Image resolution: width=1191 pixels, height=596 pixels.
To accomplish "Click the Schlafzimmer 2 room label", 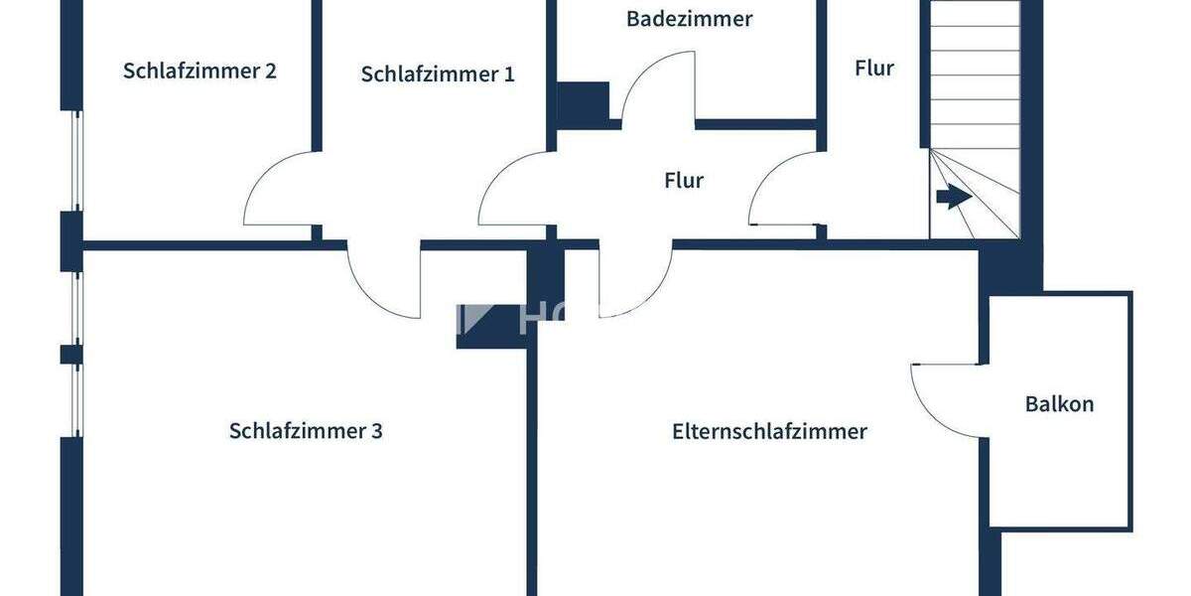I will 199,72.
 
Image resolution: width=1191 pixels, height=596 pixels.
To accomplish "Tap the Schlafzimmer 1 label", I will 438,74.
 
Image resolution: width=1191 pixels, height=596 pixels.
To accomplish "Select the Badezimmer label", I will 689,19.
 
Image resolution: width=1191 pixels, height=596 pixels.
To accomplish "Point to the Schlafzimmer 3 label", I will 306,431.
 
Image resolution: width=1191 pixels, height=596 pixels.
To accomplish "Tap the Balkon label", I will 1059,404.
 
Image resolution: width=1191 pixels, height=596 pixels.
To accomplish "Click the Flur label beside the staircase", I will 873,69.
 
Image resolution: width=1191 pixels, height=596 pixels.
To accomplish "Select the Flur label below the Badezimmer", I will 683,181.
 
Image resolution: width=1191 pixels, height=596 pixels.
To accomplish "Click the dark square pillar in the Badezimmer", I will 582,104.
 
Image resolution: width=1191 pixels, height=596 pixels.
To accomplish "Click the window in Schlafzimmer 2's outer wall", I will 75,159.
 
